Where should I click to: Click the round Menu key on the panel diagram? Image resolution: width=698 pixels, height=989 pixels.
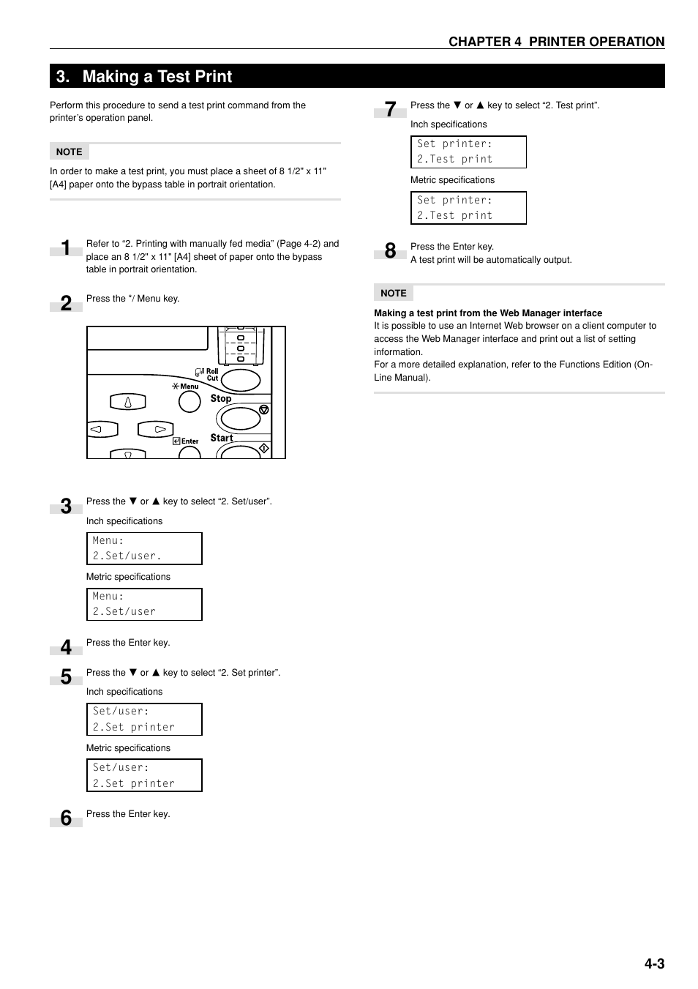pyautogui.click(x=189, y=401)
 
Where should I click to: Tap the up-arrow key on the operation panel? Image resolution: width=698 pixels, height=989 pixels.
pyautogui.click(x=128, y=402)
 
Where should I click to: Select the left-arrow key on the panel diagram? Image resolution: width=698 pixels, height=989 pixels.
pyautogui.click(x=102, y=430)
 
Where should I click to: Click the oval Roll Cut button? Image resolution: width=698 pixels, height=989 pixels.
pyautogui.click(x=240, y=380)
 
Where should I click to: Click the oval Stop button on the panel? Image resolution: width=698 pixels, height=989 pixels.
pyautogui.click(x=240, y=418)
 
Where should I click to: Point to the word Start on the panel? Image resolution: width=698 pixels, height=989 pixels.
pyautogui.click(x=222, y=438)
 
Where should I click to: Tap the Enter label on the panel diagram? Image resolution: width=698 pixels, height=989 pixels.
pyautogui.click(x=189, y=441)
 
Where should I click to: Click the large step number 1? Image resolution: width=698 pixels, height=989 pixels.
pyautogui.click(x=66, y=248)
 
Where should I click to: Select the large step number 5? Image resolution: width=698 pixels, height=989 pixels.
pyautogui.click(x=66, y=677)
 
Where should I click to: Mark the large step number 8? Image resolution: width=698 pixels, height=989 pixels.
pyautogui.click(x=390, y=251)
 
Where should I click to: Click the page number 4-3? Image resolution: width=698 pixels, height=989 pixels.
pyautogui.click(x=654, y=963)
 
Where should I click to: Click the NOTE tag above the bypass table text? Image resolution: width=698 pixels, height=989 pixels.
pyautogui.click(x=70, y=152)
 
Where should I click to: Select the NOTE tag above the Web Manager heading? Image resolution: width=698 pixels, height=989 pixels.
pyautogui.click(x=394, y=293)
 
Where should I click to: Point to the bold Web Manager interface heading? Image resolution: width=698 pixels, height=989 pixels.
pyautogui.click(x=488, y=313)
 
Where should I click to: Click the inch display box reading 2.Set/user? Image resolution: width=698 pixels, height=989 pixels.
pyautogui.click(x=144, y=548)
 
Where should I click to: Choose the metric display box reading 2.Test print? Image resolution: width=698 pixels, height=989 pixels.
pyautogui.click(x=468, y=208)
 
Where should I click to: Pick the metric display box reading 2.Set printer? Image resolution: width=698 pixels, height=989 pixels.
pyautogui.click(x=144, y=775)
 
